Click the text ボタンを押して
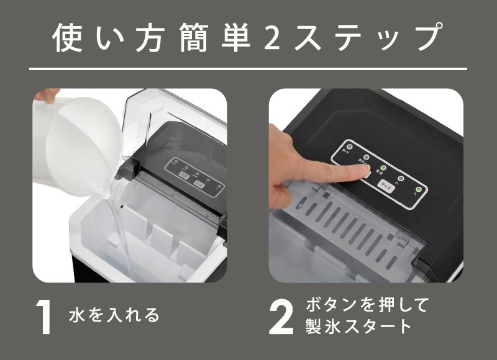click(368, 305)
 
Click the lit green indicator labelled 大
click(419, 189)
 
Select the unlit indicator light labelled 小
click(401, 178)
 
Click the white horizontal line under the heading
click(248, 68)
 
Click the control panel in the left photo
click(193, 176)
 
